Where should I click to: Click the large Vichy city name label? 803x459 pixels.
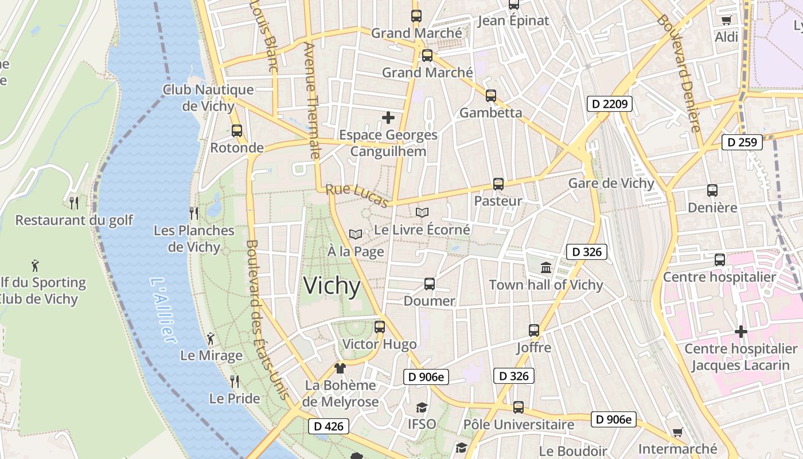click(x=332, y=286)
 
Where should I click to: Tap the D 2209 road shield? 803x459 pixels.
click(x=610, y=104)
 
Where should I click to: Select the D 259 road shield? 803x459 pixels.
click(x=742, y=142)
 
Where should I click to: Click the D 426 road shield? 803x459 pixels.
click(x=329, y=426)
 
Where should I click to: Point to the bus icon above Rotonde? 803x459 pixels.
click(x=237, y=130)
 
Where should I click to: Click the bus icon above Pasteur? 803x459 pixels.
click(x=498, y=184)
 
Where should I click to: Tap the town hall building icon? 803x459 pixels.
click(x=545, y=267)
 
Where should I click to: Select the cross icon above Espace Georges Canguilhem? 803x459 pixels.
click(x=388, y=118)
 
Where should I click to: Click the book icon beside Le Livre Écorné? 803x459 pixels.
click(x=422, y=212)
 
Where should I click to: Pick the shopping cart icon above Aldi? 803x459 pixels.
click(x=726, y=20)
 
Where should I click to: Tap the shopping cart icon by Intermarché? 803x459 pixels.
click(x=677, y=432)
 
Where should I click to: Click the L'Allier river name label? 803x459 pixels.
click(x=162, y=310)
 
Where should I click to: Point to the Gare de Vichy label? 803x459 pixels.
click(x=611, y=183)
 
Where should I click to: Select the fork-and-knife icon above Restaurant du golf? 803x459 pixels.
click(x=74, y=203)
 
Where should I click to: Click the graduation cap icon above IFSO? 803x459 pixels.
click(x=422, y=407)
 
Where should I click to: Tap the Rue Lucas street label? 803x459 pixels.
click(x=357, y=195)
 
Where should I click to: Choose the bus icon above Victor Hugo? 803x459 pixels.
click(x=379, y=327)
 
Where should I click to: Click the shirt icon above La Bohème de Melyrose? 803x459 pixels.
click(x=340, y=368)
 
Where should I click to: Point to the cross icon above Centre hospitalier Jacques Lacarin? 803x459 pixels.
click(x=740, y=332)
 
